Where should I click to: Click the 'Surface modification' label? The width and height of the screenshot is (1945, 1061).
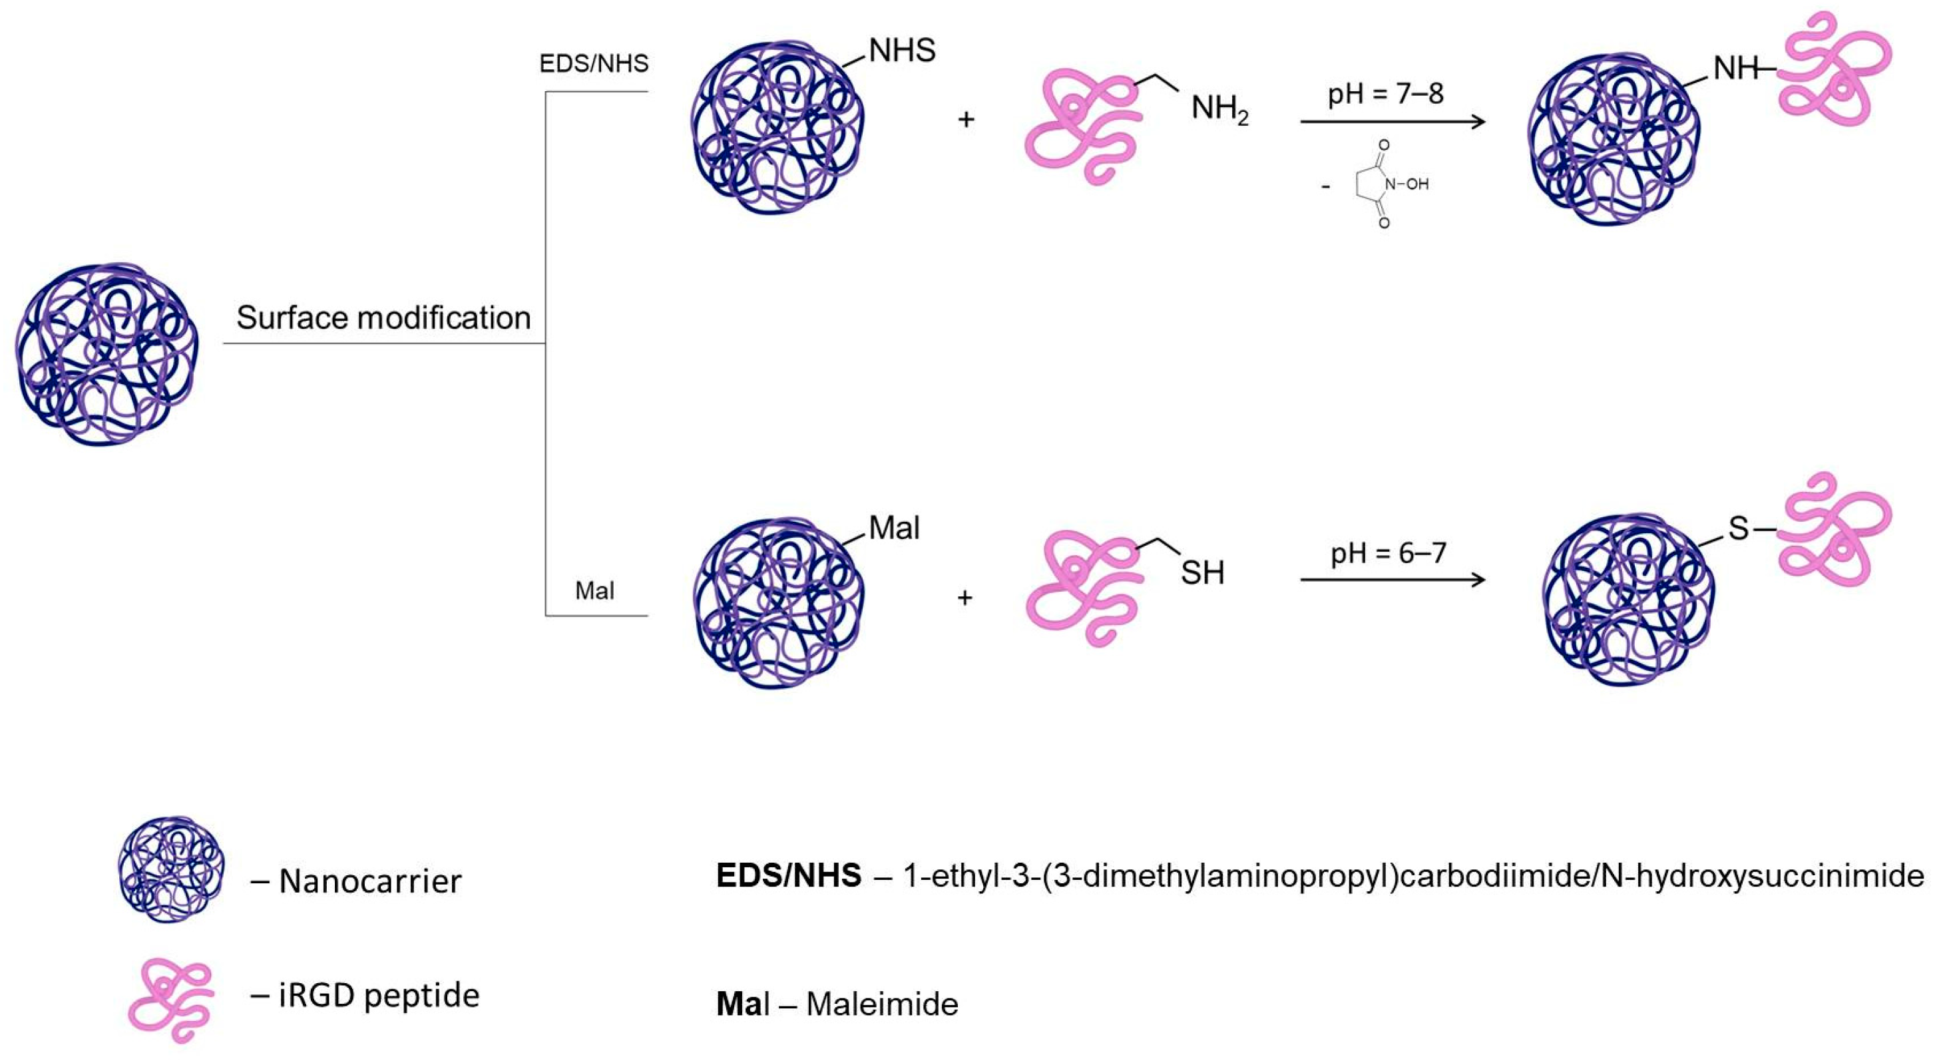383,318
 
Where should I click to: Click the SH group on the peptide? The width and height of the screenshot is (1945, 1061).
1202,573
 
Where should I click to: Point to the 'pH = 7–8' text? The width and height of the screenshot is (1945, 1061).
1385,94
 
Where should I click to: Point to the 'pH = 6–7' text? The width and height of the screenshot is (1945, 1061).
1388,554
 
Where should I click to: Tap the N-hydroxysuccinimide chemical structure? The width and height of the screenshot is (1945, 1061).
1381,184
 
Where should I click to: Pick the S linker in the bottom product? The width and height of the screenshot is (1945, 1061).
1738,529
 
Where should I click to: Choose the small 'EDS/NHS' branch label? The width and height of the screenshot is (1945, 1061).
594,63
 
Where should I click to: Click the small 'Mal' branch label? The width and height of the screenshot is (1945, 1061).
594,590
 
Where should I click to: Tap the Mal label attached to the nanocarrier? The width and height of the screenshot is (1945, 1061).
894,528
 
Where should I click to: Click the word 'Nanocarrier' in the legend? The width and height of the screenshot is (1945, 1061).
370,881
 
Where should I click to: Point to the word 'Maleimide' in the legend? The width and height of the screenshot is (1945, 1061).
882,1004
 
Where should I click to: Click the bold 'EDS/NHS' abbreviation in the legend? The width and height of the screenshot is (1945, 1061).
788,876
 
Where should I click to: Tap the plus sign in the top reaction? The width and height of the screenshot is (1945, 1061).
966,119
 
